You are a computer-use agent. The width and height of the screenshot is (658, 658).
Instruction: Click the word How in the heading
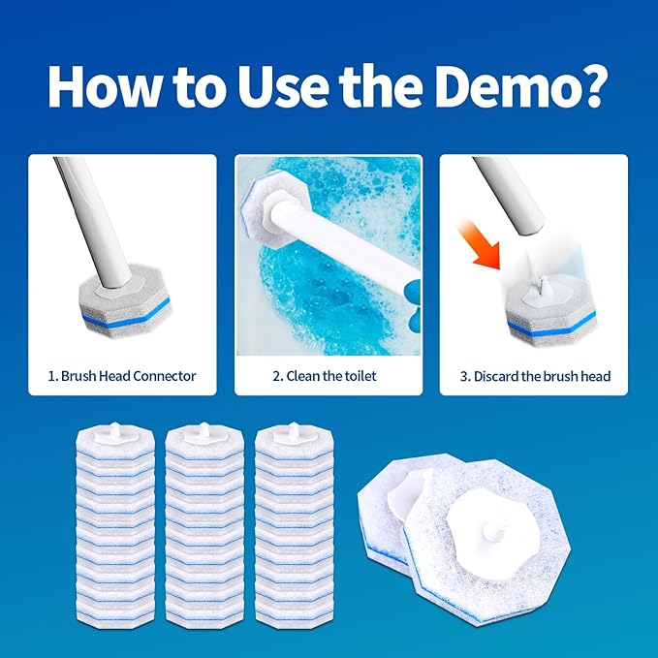tap(104, 87)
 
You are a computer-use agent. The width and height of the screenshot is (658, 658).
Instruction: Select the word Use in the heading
tap(283, 87)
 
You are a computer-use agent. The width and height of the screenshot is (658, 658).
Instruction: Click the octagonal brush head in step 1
tap(125, 301)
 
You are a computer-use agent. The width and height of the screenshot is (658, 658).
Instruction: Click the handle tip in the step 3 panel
tap(532, 230)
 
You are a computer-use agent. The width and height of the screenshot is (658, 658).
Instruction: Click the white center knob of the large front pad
tap(493, 531)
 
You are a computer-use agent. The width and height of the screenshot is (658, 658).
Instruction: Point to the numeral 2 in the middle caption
tap(277, 376)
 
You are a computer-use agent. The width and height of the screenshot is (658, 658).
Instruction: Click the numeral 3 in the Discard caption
tap(464, 376)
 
